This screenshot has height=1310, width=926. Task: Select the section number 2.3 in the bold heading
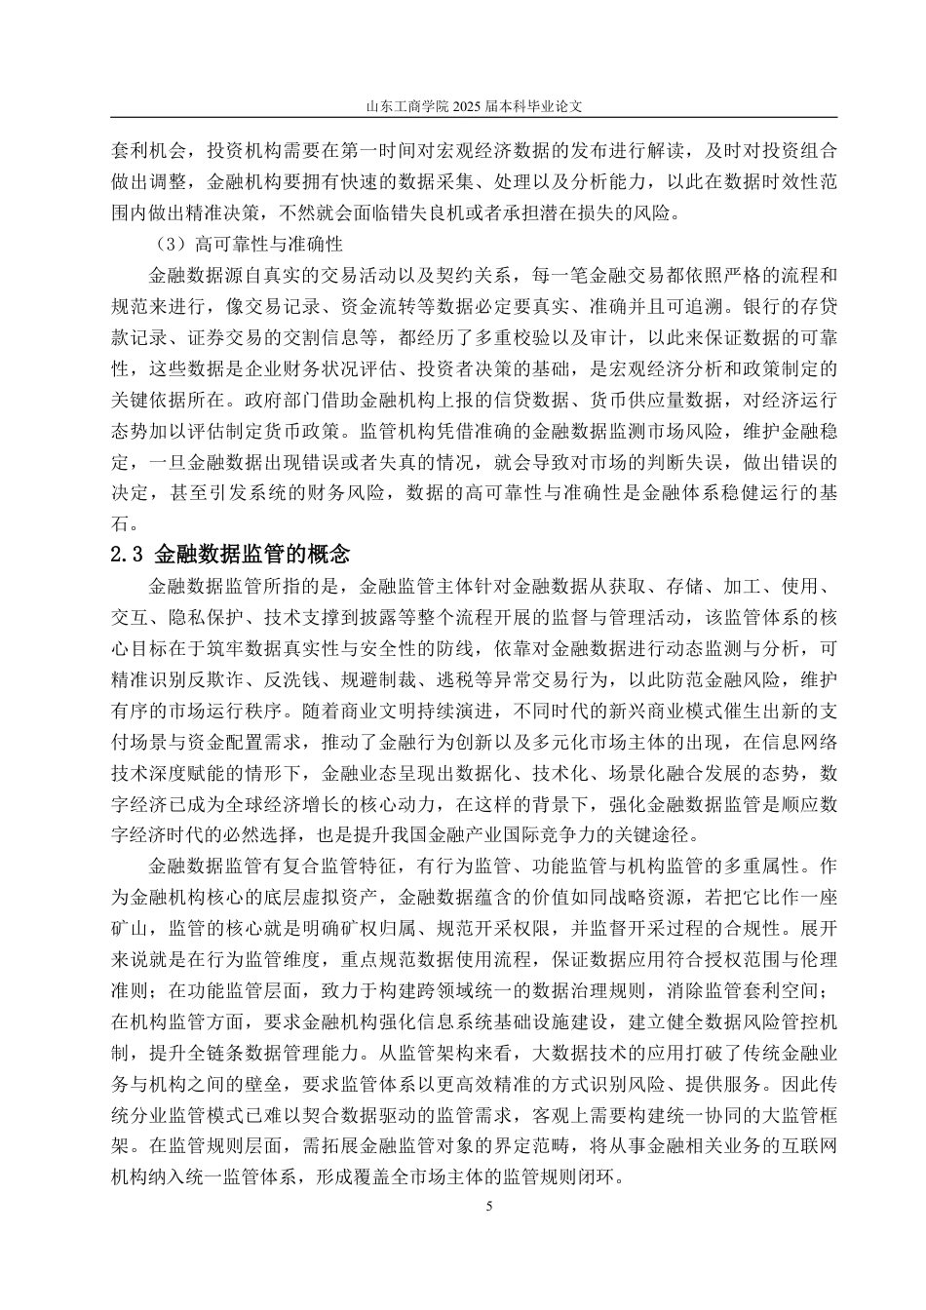pos(128,556)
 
